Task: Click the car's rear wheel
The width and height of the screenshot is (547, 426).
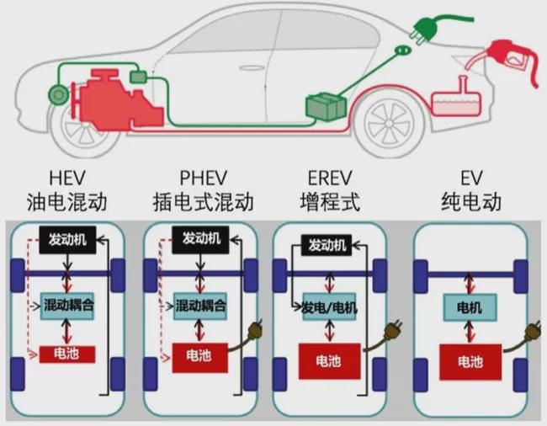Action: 389,124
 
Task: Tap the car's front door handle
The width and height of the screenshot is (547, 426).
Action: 252,67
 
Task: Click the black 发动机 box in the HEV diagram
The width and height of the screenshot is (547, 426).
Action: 67,240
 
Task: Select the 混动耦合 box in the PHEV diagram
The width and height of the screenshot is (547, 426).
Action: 200,306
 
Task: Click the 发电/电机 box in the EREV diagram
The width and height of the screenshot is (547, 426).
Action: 329,307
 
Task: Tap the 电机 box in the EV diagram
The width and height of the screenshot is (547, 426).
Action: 470,307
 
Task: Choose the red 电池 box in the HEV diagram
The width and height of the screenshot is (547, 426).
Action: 67,354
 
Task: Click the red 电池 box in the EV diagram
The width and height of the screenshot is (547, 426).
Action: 470,362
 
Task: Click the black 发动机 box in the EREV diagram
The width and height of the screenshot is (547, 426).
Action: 327,245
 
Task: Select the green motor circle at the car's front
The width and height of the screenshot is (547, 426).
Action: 58,94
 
